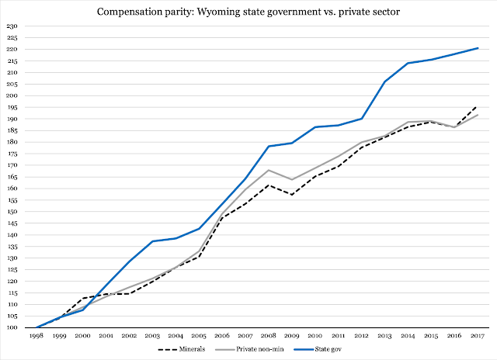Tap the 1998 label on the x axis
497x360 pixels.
(36, 337)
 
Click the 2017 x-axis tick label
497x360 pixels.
(477, 337)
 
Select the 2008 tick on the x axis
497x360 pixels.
(268, 337)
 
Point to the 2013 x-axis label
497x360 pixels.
(384, 337)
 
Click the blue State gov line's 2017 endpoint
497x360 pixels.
(477, 48)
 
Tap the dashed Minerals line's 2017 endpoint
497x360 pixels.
(477, 107)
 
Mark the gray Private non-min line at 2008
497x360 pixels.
(268, 170)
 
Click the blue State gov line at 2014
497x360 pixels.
(408, 63)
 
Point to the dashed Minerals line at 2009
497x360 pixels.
(291, 194)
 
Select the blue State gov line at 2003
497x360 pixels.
(152, 241)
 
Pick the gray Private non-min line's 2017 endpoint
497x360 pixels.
(477, 115)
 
